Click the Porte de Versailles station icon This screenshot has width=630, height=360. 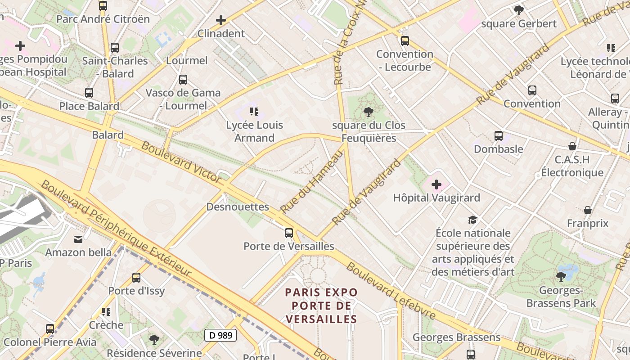(289, 233)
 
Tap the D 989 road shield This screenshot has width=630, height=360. (220, 335)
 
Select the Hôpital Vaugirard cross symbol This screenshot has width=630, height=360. (436, 184)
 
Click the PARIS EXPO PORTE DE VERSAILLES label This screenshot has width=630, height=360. (322, 306)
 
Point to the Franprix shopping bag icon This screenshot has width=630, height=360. (587, 210)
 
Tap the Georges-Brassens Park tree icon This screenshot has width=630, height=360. (561, 276)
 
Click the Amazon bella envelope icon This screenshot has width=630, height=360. (78, 239)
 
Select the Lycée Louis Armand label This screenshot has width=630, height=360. (254, 131)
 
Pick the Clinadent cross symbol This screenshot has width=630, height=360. (221, 20)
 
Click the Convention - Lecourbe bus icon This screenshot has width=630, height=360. (405, 41)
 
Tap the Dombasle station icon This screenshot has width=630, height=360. (498, 136)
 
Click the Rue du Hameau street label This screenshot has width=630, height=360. (312, 182)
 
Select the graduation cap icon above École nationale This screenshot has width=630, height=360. (472, 220)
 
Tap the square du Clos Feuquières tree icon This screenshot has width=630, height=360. (369, 112)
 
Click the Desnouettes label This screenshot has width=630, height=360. (238, 207)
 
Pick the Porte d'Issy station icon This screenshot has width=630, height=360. (136, 278)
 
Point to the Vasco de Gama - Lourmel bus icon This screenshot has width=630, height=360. (183, 80)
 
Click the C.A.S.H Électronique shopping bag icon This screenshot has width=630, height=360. (572, 146)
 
